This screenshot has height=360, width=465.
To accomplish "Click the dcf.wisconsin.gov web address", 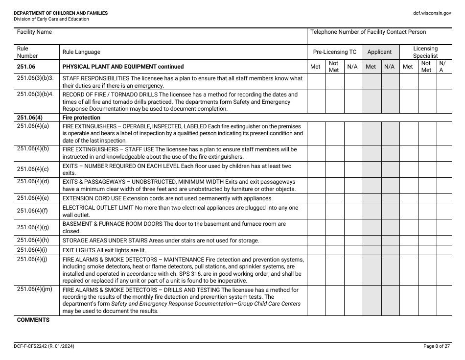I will (431, 13).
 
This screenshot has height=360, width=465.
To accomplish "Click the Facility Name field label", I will (34, 32).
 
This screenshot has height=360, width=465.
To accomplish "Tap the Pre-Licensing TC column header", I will (335, 52).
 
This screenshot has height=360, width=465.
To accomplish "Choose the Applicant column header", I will (379, 52).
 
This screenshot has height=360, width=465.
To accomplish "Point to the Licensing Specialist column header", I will (425, 52).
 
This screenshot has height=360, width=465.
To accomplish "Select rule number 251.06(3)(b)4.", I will (35, 94).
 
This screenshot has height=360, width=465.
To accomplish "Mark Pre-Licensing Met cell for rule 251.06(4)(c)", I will (316, 169).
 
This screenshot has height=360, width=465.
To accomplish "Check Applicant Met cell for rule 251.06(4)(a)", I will (372, 133).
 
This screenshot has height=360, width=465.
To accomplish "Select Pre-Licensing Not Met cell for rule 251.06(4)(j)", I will (335, 270).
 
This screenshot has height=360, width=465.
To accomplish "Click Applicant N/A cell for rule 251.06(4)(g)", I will (390, 227).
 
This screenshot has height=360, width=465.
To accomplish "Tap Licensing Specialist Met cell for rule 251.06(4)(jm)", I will (408, 301).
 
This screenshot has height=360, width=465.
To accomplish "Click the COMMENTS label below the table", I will (33, 320).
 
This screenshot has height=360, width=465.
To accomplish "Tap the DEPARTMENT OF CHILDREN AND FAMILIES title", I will (61, 13).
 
